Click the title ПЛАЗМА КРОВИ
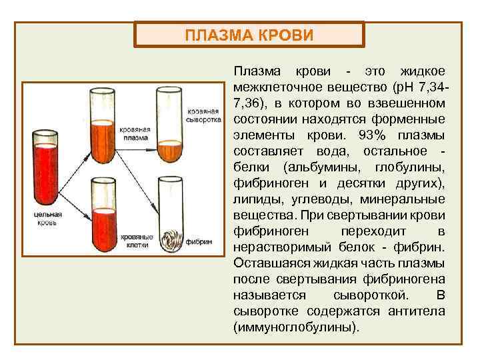coord(249,35)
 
